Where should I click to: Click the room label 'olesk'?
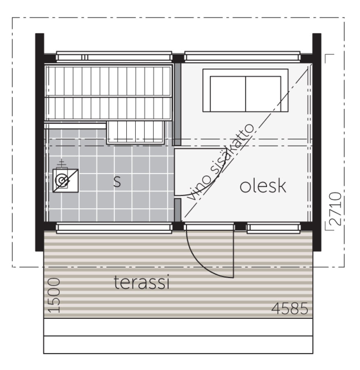pos(263,186)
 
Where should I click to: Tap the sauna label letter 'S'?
pos(117,182)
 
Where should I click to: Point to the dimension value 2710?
pos(336,208)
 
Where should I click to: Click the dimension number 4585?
pos(290,308)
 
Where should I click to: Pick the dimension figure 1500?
pos(54,295)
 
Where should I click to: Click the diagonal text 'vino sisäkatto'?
pos(221,162)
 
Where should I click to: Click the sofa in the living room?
pos(246,90)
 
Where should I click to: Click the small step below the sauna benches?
pos(135,132)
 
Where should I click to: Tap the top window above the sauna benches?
pos(114,56)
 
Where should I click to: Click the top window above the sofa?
pos(242,56)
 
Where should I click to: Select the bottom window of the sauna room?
pos(114,227)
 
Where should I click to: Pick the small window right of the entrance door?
pos(274,227)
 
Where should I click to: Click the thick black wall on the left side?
pos(39,142)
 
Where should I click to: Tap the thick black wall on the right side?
pos(317,142)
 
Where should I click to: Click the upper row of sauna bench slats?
pos(109,81)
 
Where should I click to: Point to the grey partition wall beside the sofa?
pos(178,104)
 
